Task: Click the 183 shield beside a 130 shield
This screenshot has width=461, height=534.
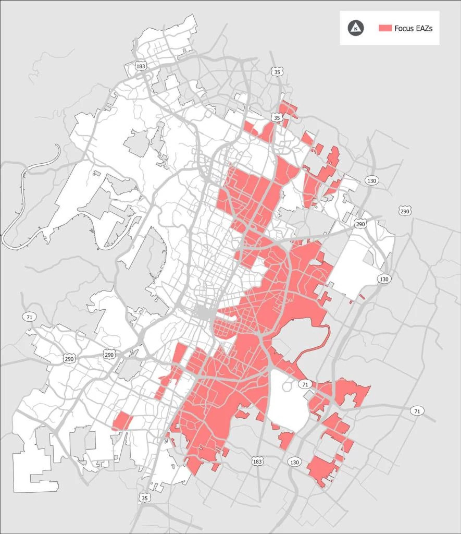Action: pos(257,462)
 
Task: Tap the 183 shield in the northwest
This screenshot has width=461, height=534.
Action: pos(140,66)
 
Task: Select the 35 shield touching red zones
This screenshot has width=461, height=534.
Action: pos(277,118)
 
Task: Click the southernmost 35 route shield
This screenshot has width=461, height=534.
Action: pos(144,498)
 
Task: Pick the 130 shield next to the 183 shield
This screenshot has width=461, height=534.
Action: pos(294,462)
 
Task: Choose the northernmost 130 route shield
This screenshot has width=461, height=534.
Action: pos(371,180)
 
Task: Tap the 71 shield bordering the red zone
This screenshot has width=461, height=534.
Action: pos(305,384)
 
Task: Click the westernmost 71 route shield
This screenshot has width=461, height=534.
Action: pos(28,317)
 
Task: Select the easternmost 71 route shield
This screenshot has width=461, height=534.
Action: pos(416,411)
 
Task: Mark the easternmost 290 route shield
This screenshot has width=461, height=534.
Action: pos(405,211)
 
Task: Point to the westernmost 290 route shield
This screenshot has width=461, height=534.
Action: pos(70,359)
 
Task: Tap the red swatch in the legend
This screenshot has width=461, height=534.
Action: pos(385,28)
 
